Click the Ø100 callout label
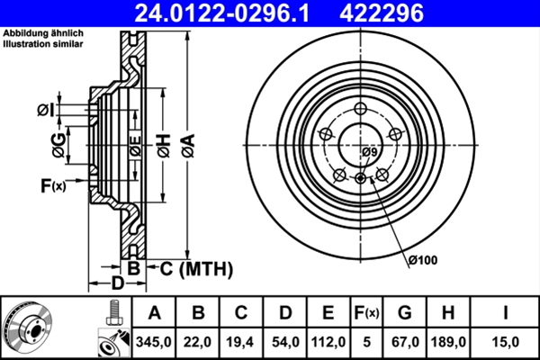click(421, 261)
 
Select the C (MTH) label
click(196, 268)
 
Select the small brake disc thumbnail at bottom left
click(31, 328)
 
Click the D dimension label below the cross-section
click(117, 283)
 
